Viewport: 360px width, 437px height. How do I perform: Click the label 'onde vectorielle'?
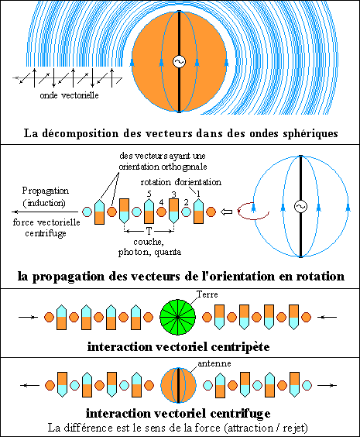(69, 95)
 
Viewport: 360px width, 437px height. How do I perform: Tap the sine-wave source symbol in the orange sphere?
(179, 61)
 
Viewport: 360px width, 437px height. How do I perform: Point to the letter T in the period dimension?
(149, 231)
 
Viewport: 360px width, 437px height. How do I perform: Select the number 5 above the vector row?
(149, 194)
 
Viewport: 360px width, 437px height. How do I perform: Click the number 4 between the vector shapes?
(161, 202)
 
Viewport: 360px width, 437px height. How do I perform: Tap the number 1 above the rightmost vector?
(198, 194)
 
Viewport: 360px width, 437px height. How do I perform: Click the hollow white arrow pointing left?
(226, 212)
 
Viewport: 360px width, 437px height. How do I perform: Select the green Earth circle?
(177, 317)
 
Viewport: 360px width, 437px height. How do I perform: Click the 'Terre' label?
(207, 294)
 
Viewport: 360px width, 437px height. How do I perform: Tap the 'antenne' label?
(214, 363)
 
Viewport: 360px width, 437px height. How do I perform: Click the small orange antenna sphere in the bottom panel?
(178, 385)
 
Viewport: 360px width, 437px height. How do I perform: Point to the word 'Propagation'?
(46, 191)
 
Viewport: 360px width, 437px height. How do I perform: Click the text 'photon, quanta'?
(149, 253)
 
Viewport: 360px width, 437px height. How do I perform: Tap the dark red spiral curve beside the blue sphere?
(253, 211)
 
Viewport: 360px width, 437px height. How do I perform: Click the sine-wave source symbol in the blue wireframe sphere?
(300, 207)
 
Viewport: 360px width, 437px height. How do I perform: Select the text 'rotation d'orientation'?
(181, 182)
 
